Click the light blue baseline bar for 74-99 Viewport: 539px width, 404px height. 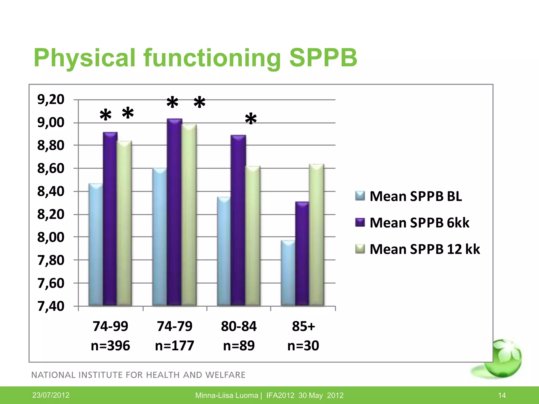[96, 245]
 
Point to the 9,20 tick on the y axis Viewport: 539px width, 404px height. [51, 99]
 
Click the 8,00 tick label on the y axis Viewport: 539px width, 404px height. [51, 237]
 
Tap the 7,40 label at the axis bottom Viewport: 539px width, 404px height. [51, 306]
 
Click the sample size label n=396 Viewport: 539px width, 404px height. [110, 345]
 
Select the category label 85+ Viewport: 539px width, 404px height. [303, 326]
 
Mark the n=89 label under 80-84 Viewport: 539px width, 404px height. [239, 345]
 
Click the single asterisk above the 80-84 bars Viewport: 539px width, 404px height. [251, 119]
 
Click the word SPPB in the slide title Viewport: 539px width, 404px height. [323, 58]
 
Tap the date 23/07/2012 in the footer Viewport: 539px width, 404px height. [51, 395]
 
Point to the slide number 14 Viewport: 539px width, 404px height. [502, 395]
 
